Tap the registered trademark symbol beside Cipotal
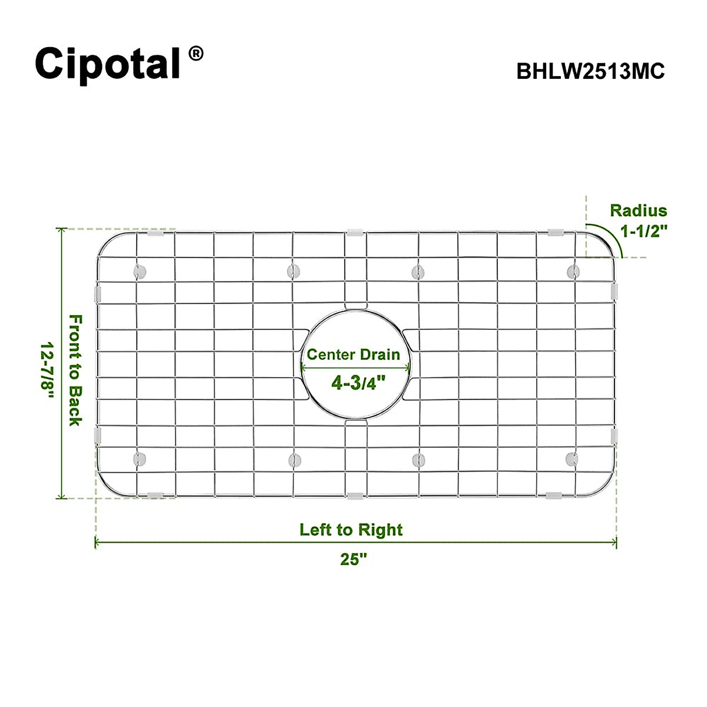196,54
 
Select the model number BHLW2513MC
590,71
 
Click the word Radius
639,210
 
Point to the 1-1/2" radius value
643,230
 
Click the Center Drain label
353,355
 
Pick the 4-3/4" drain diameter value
358,383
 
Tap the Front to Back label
75,370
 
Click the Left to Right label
351,530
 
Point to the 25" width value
353,559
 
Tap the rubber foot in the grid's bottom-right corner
571,458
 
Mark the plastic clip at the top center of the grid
355,232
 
